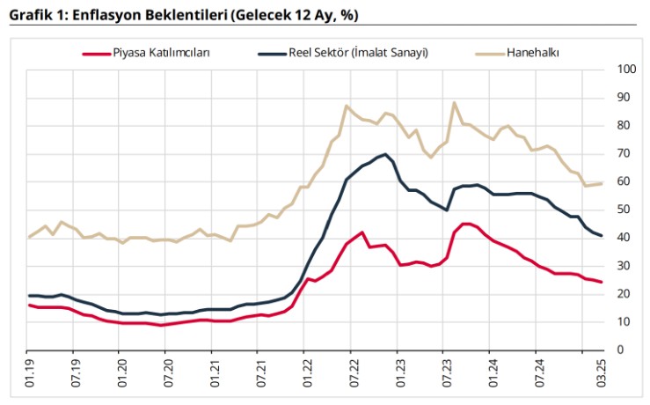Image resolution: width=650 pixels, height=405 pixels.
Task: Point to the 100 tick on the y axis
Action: pyautogui.click(x=627, y=70)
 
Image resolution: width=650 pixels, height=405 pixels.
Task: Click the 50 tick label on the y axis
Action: pyautogui.click(x=624, y=210)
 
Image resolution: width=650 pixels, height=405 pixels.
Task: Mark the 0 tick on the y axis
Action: pyautogui.click(x=621, y=350)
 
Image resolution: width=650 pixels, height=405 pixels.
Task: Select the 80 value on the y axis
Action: pyautogui.click(x=624, y=126)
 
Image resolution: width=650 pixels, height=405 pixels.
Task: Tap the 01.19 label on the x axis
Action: pyautogui.click(x=29, y=374)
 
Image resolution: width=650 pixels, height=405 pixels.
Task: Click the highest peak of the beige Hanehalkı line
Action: pyautogui.click(x=454, y=103)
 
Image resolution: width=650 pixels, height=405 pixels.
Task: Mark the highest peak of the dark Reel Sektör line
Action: pyautogui.click(x=385, y=154)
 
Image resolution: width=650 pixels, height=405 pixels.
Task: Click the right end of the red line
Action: pyautogui.click(x=601, y=282)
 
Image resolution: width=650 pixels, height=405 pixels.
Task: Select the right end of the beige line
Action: pyautogui.click(x=601, y=183)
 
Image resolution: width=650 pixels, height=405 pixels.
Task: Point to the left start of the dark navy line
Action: pyautogui.click(x=30, y=296)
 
